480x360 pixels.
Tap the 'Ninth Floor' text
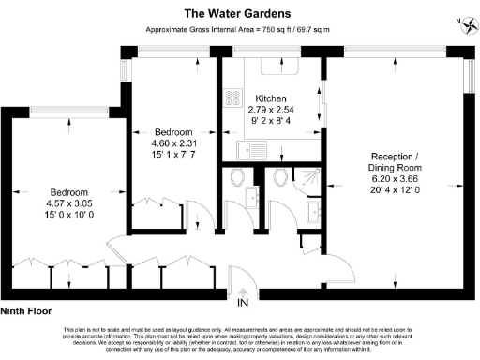pyautogui.click(x=25, y=311)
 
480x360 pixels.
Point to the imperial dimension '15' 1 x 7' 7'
pyautogui.click(x=173, y=154)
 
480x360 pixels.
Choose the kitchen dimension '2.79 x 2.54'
pyautogui.click(x=269, y=110)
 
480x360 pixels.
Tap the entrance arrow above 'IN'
pyautogui.click(x=243, y=290)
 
